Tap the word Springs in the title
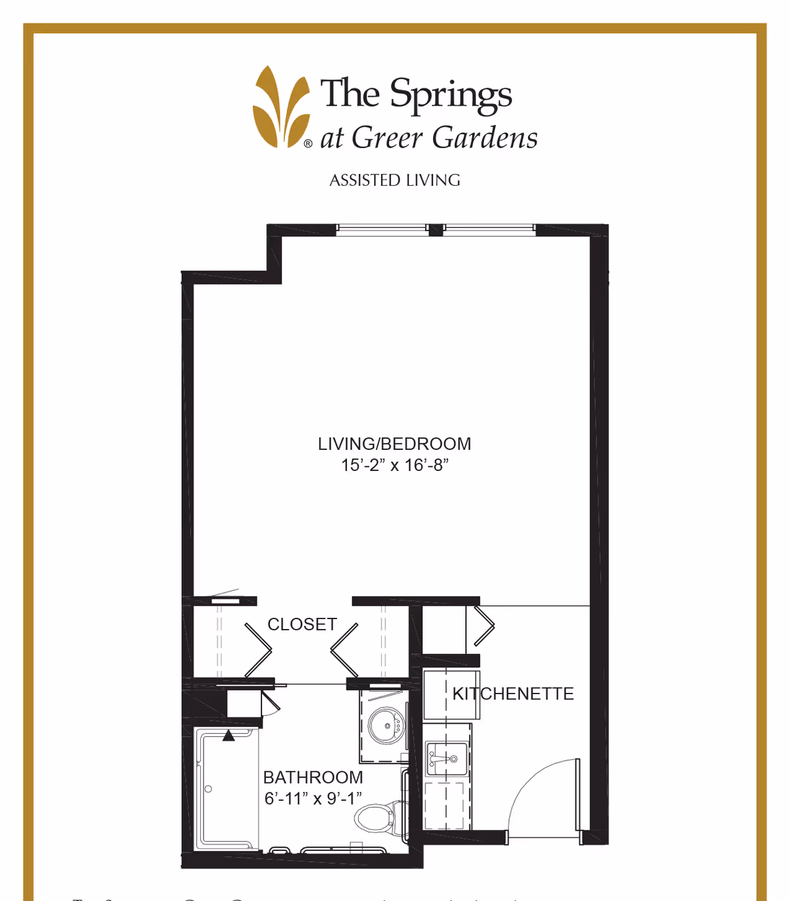(x=451, y=94)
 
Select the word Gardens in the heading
(x=485, y=138)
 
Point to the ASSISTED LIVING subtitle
(x=394, y=180)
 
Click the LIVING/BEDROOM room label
(x=394, y=444)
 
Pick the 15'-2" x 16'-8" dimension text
(x=394, y=465)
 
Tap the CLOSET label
(x=302, y=624)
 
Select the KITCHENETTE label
(x=513, y=694)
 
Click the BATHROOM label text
(x=313, y=777)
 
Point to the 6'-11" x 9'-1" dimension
(x=313, y=798)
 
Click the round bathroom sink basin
(x=385, y=726)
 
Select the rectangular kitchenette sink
(x=447, y=759)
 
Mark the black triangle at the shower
(x=228, y=736)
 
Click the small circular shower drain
(x=208, y=788)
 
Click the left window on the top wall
(x=382, y=229)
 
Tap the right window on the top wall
(x=488, y=229)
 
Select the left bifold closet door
(x=258, y=650)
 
